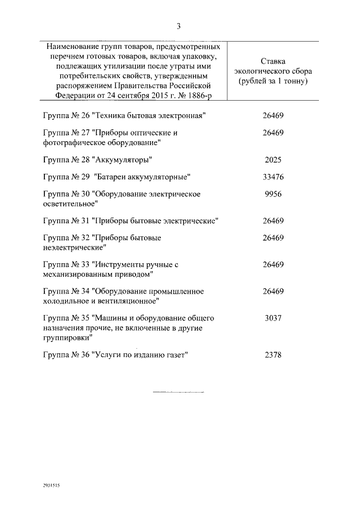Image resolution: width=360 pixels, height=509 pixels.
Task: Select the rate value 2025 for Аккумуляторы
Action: click(x=273, y=160)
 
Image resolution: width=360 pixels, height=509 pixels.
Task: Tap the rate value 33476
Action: click(x=273, y=177)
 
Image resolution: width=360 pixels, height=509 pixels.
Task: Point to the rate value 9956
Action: click(x=273, y=195)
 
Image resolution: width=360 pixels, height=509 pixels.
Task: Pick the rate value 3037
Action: click(x=273, y=318)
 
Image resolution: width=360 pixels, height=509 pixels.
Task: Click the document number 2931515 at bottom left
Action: click(x=51, y=484)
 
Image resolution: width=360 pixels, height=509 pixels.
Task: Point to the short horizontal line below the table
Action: click(x=178, y=391)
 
